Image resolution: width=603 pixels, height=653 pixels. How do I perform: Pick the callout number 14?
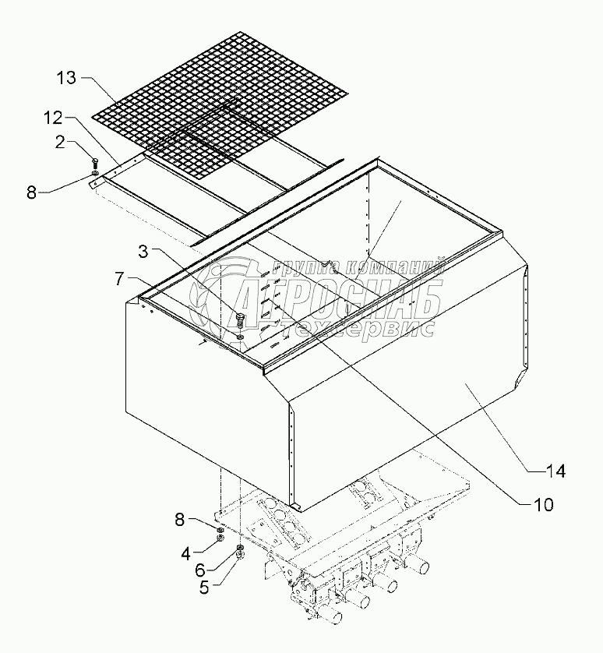click(555, 471)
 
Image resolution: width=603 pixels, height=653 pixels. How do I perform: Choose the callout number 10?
click(543, 504)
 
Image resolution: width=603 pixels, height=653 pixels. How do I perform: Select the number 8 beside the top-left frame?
click(32, 192)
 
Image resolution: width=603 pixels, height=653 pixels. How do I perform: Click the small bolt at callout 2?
click(95, 164)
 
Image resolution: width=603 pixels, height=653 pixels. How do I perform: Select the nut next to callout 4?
click(220, 535)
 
